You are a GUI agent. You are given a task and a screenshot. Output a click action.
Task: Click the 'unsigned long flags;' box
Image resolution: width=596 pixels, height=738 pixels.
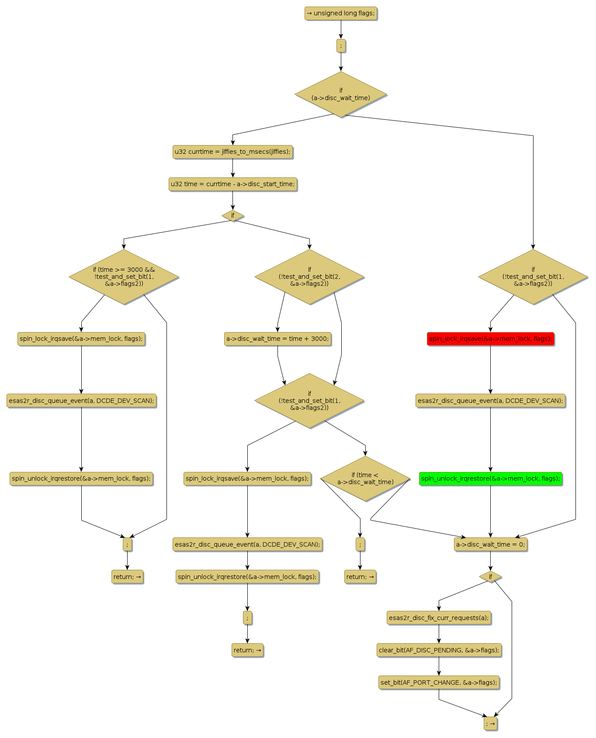click(340, 14)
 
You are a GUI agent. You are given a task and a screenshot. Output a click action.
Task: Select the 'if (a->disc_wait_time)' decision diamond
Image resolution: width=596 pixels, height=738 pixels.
click(341, 94)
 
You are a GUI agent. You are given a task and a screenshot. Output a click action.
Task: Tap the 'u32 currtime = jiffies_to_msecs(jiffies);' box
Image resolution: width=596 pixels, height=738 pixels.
click(232, 152)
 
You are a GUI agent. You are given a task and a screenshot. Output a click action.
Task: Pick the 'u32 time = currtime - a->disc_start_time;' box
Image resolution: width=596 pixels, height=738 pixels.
click(232, 184)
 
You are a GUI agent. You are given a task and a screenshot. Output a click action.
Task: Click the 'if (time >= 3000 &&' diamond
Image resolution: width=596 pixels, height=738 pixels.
click(124, 277)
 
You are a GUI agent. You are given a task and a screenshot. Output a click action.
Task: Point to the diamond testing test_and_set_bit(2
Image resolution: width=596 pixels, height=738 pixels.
click(309, 277)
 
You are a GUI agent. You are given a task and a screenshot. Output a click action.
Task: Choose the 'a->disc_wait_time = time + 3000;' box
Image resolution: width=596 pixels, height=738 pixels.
click(277, 339)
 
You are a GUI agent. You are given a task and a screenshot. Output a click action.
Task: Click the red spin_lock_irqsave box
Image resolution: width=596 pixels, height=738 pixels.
click(490, 339)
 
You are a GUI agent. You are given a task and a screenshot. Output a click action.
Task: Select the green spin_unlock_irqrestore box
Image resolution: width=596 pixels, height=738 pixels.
click(490, 478)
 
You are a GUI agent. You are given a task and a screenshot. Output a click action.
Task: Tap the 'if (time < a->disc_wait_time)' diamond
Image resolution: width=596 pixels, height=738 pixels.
click(365, 478)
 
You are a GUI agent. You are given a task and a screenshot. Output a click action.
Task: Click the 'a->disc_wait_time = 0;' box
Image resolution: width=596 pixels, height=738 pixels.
click(490, 544)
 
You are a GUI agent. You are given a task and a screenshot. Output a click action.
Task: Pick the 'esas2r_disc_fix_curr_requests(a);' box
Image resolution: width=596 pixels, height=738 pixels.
click(439, 618)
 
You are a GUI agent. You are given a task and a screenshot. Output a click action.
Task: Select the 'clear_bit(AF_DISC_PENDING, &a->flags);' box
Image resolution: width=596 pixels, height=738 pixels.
click(439, 650)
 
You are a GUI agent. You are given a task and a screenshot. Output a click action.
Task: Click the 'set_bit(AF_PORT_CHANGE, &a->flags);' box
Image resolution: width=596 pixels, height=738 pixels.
click(439, 683)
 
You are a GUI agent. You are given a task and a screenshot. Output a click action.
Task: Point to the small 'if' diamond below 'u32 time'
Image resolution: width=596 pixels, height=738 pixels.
click(232, 215)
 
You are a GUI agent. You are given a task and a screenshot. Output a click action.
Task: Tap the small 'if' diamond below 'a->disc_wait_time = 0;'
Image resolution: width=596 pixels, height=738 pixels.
click(490, 577)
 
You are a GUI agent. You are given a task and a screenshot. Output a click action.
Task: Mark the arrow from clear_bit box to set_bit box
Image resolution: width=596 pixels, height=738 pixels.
click(439, 666)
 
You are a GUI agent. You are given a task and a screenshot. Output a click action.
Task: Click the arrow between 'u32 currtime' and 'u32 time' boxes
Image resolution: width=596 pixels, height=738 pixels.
click(232, 168)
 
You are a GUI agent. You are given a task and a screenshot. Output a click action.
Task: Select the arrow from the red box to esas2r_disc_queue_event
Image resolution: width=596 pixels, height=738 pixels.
click(490, 370)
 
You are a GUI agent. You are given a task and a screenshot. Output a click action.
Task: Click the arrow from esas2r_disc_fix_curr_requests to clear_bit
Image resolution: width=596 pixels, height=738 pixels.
click(439, 634)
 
